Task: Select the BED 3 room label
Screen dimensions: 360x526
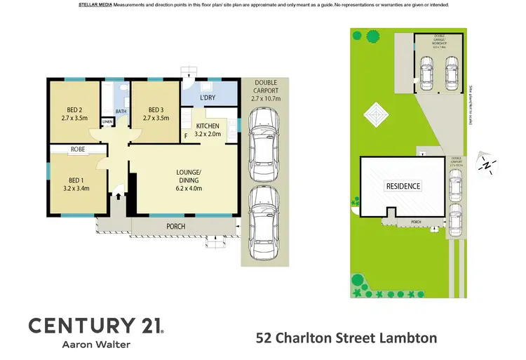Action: pyautogui.click(x=157, y=109)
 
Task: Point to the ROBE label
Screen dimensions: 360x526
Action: pyautogui.click(x=78, y=149)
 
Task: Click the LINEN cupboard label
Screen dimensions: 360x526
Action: pyautogui.click(x=107, y=122)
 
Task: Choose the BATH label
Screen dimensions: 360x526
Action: pyautogui.click(x=121, y=111)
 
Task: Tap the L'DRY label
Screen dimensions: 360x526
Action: pyautogui.click(x=208, y=98)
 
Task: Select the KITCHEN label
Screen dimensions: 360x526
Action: pyautogui.click(x=208, y=126)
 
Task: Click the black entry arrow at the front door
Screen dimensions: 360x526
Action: pyautogui.click(x=118, y=196)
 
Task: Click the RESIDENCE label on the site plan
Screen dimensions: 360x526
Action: pyautogui.click(x=403, y=186)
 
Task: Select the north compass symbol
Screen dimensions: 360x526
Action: pyautogui.click(x=487, y=165)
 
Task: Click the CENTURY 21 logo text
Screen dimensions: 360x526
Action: pyautogui.click(x=95, y=325)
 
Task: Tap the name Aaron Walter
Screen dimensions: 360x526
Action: pyautogui.click(x=96, y=345)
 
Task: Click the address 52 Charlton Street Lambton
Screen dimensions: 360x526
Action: pyautogui.click(x=346, y=338)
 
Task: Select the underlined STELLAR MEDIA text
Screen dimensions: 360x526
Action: pyautogui.click(x=94, y=5)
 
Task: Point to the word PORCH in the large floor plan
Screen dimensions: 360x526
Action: pyautogui.click(x=175, y=226)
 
